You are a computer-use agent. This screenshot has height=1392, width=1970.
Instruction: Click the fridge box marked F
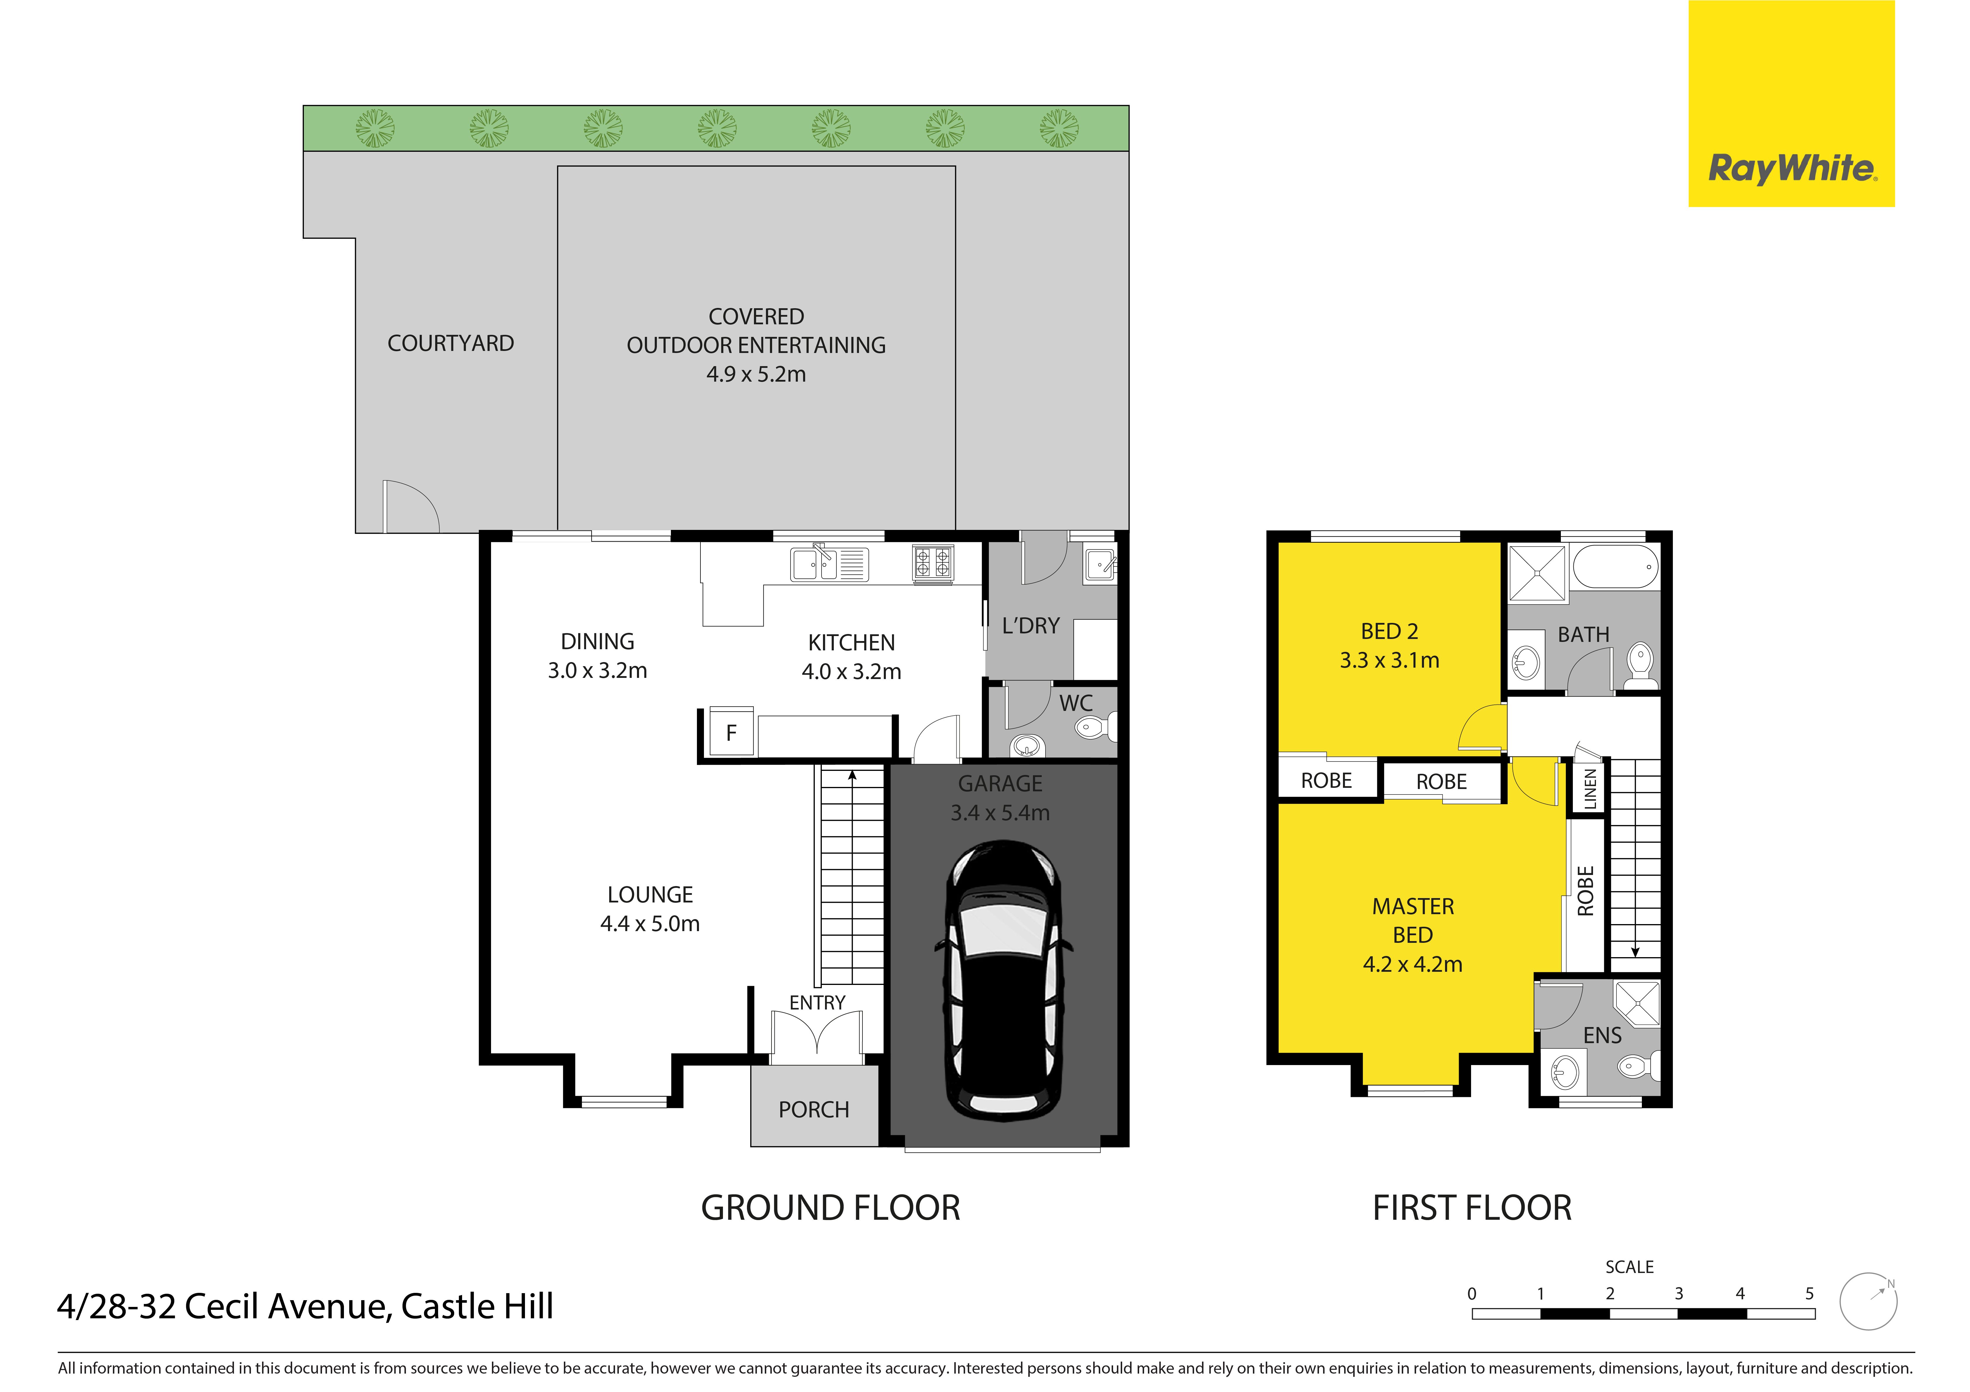coord(731,732)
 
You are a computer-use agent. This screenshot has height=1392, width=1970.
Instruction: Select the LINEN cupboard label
coord(1590,788)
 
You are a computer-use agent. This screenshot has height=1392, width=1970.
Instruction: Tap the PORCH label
coord(813,1110)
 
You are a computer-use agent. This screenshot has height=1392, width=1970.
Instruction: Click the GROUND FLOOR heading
coord(831,1207)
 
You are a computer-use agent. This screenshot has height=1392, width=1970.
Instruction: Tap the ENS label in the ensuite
coord(1602,1036)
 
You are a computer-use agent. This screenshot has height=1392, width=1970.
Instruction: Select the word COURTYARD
coord(450,343)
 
